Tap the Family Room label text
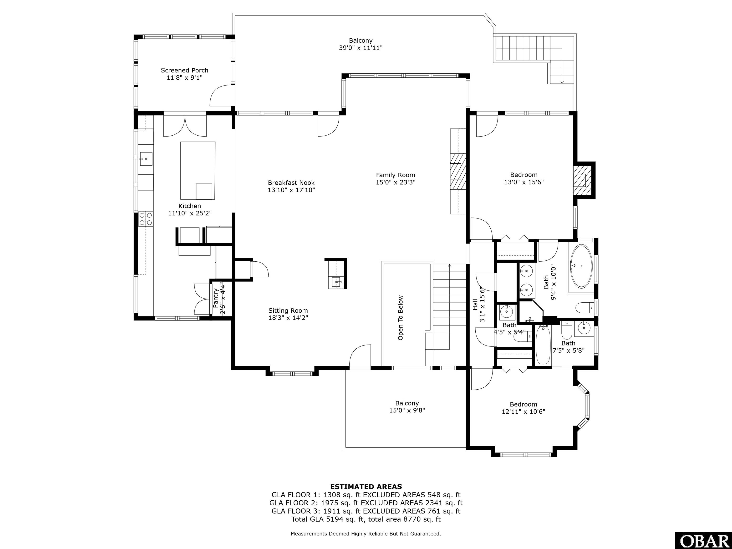(x=396, y=175)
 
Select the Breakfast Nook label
(x=291, y=183)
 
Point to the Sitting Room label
(x=288, y=310)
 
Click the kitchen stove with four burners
(x=146, y=219)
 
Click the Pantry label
(x=215, y=298)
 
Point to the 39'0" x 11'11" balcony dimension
(x=361, y=48)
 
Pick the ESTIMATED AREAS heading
(x=366, y=487)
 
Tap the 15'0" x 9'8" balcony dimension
(x=407, y=410)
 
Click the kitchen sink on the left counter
(x=146, y=159)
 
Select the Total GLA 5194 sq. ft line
(x=366, y=519)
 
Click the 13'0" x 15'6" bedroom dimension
(x=524, y=182)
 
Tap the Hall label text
(x=475, y=305)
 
